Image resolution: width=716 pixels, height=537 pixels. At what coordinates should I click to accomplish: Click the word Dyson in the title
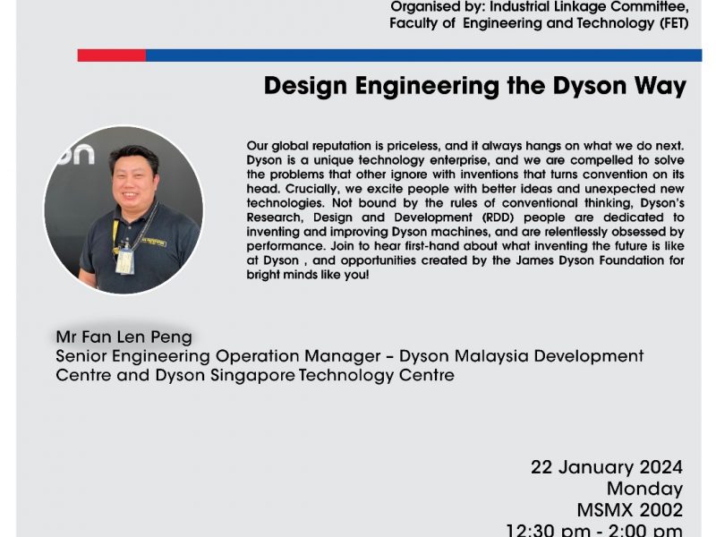pos(590,86)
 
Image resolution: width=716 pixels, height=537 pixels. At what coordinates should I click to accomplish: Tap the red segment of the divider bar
pos(112,55)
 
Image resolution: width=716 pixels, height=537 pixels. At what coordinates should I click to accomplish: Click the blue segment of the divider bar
pos(423,55)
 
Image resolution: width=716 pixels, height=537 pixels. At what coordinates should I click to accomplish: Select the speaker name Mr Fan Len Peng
pos(124,337)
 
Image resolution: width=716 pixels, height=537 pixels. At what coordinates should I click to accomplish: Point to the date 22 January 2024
pos(607,467)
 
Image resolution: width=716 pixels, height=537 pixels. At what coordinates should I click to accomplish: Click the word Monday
pos(644,489)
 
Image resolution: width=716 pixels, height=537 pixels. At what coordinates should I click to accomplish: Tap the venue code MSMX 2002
pos(630,510)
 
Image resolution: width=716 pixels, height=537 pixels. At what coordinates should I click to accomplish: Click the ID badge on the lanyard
pos(124,260)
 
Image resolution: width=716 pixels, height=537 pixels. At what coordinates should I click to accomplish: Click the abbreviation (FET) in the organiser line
pos(674,23)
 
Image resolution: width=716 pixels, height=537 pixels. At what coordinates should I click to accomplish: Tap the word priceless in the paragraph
pos(413,147)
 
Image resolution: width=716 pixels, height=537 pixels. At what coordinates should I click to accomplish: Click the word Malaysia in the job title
pos(491,356)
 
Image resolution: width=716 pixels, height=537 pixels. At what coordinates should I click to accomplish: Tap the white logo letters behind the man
pos(77,154)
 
